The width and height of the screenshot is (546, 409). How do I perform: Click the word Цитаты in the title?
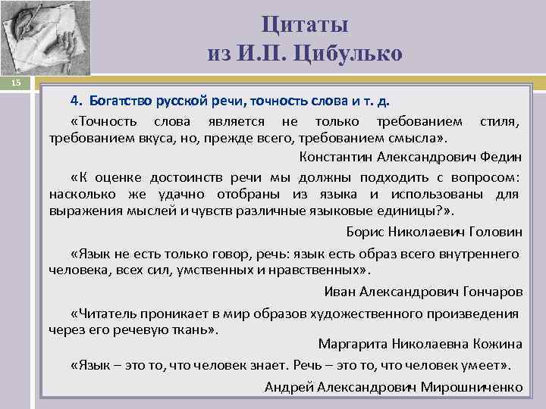305,24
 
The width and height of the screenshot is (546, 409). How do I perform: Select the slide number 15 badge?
17,81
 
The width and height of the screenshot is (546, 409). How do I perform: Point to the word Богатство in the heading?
120,101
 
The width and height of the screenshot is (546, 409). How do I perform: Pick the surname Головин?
496,232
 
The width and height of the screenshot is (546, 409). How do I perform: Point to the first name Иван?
338,291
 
